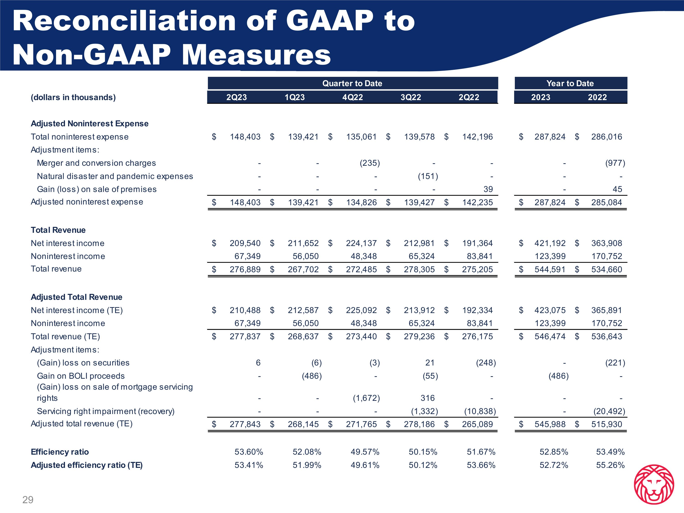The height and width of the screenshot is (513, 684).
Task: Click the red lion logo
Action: [x=654, y=484]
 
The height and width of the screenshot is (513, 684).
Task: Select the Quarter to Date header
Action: [x=352, y=83]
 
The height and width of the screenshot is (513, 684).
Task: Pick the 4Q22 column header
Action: [x=352, y=97]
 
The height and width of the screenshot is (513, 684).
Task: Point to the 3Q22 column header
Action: [x=411, y=97]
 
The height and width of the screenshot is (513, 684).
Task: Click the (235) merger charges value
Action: [x=370, y=163]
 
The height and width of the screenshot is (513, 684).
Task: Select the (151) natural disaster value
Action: [x=428, y=176]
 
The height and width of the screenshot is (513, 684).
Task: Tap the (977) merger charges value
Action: [x=615, y=163]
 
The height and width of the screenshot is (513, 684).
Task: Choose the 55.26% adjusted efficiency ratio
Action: [x=610, y=465]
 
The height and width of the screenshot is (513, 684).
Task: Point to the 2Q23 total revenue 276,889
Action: [x=245, y=269]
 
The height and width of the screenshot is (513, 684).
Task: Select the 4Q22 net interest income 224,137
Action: [x=361, y=243]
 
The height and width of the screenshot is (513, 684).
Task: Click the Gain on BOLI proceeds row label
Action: [x=81, y=376]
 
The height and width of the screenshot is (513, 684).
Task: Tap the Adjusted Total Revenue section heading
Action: [x=76, y=297]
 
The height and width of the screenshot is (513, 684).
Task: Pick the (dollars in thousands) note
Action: [x=73, y=97]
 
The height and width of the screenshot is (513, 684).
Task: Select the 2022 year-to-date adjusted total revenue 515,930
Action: [x=606, y=424]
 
